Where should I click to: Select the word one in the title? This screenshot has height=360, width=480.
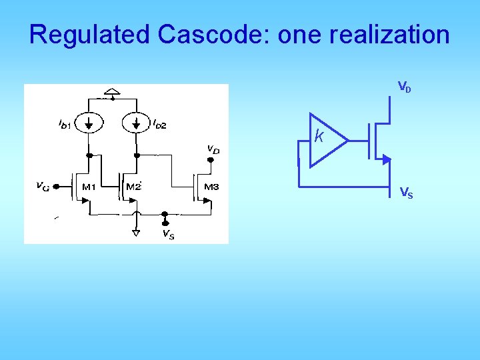click(298, 35)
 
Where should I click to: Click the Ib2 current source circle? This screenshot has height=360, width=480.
click(137, 123)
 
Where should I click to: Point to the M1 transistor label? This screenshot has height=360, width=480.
click(89, 187)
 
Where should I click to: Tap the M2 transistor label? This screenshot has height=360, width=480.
click(135, 187)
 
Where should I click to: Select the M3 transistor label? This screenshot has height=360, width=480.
click(211, 187)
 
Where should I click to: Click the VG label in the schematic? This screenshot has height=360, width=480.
click(41, 186)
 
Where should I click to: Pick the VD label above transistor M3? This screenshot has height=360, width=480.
click(213, 149)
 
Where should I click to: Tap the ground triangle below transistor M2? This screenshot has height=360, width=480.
click(136, 233)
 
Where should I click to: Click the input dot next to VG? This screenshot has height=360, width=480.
click(57, 187)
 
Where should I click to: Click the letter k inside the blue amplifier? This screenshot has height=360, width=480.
click(319, 137)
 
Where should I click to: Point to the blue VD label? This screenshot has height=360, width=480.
click(405, 87)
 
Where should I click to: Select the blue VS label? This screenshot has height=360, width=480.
click(405, 193)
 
